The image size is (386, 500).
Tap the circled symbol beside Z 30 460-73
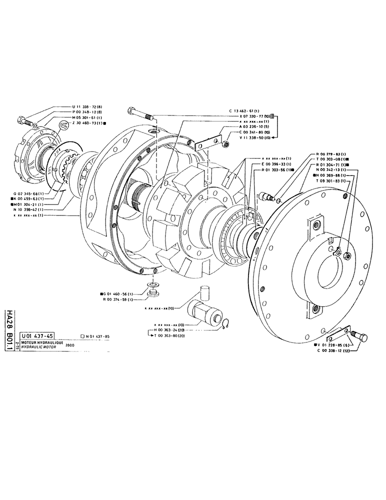62,124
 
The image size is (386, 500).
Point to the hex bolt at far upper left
23,120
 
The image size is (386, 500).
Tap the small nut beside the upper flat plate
226,144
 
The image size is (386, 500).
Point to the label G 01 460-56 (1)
116,294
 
